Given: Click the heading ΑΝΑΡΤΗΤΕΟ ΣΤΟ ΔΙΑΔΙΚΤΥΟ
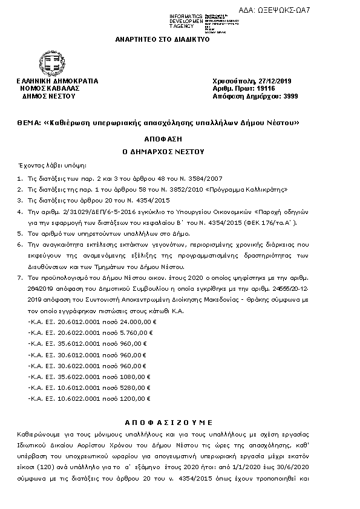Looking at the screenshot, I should [x=162, y=39].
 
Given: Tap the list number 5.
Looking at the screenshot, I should [x=19, y=233].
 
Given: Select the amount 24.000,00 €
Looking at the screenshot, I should [x=139, y=323].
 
